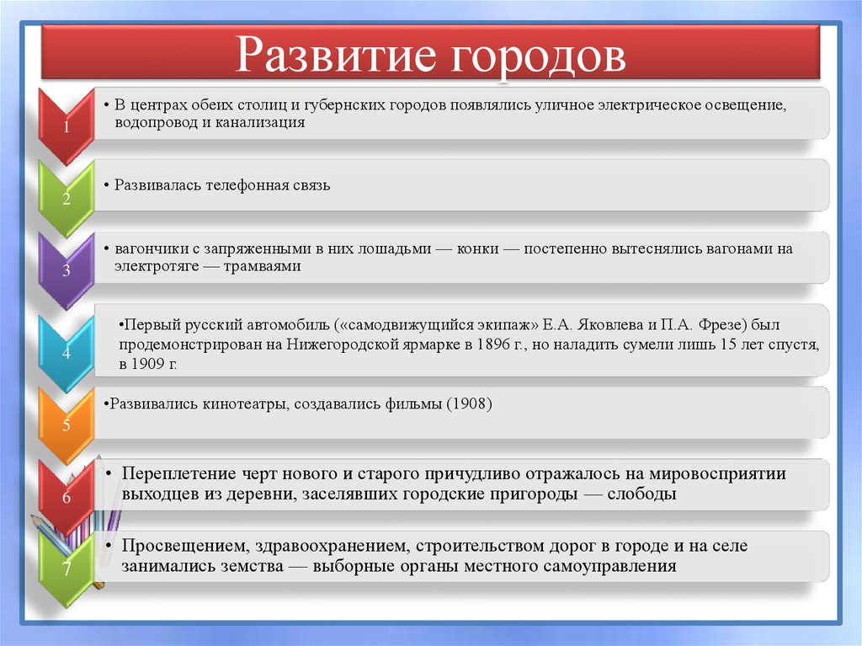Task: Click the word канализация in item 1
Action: [262, 123]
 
